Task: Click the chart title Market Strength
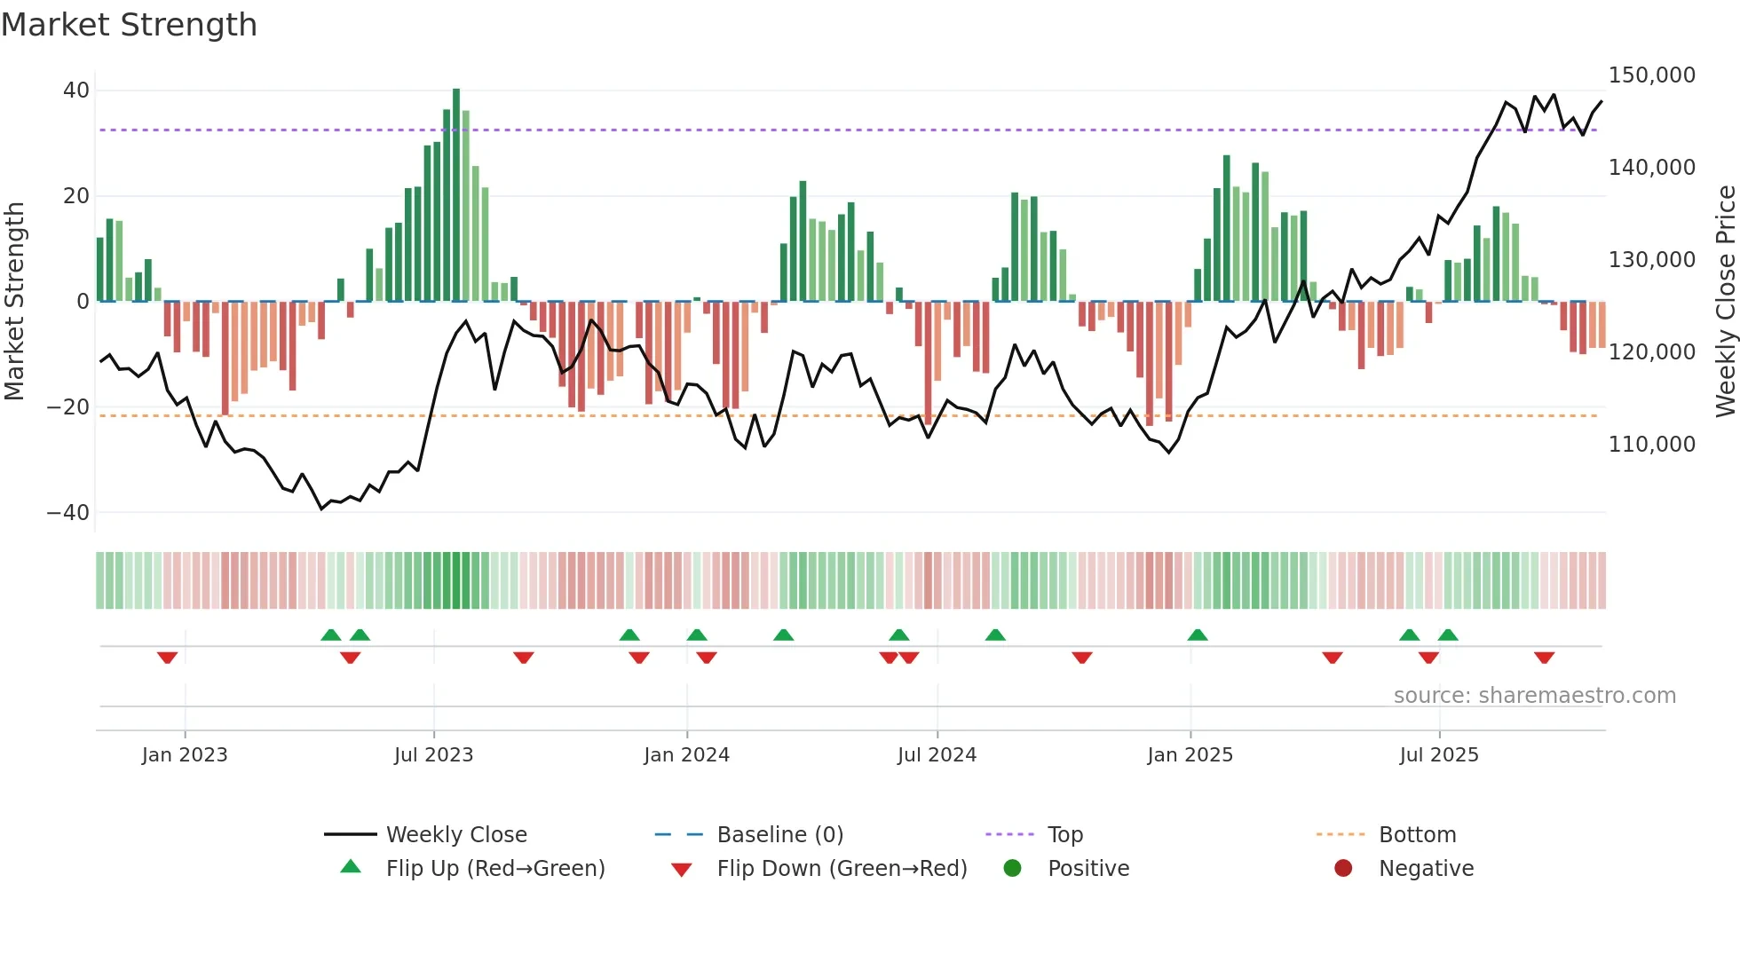coord(129,25)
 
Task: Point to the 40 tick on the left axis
coord(76,91)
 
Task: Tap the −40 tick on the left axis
coord(68,513)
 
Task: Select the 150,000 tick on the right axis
coord(1651,75)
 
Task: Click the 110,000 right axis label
coord(1651,445)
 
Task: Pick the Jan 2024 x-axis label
coord(686,755)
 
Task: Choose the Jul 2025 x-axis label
coord(1439,755)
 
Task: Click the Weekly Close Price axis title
coord(1725,302)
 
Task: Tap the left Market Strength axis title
coord(15,302)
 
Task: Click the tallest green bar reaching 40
coord(456,195)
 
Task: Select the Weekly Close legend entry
coord(455,835)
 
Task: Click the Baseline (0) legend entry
coord(779,835)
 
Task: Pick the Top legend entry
coord(1064,835)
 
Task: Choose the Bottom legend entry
coord(1417,835)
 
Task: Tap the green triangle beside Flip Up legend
coord(351,867)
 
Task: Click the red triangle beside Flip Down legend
coord(681,870)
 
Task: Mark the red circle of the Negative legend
coord(1343,868)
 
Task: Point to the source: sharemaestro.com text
coord(1534,696)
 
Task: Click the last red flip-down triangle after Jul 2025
coord(1544,658)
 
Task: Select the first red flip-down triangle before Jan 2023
coord(167,658)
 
